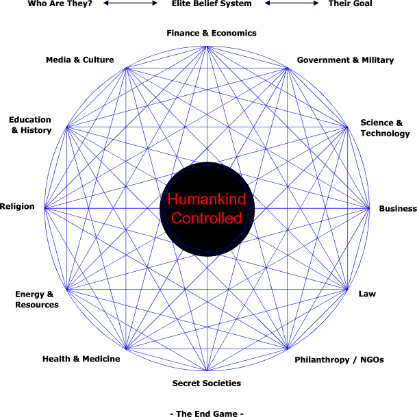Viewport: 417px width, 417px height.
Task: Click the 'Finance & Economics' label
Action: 212,33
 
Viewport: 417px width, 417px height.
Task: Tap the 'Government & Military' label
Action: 345,60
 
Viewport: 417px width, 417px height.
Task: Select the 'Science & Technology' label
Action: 385,128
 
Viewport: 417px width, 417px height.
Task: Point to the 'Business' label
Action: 398,209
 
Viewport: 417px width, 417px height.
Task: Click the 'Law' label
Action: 367,294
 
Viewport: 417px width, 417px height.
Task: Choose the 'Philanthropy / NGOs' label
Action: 339,359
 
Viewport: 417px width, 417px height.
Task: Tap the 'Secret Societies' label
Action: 206,383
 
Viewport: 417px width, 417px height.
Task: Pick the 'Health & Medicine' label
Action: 81,359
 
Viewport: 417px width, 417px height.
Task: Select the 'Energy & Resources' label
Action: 37,299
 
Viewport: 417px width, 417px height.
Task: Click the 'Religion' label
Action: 17,206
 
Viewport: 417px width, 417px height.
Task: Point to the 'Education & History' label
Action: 31,125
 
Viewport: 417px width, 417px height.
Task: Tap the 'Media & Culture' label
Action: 79,60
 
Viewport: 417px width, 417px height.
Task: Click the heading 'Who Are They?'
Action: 60,3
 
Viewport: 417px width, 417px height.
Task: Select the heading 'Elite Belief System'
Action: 212,3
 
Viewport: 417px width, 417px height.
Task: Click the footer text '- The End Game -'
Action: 206,413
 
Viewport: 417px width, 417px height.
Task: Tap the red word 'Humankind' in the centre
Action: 207,201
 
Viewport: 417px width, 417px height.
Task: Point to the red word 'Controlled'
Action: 207,218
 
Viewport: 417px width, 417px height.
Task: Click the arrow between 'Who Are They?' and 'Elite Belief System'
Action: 130,3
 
